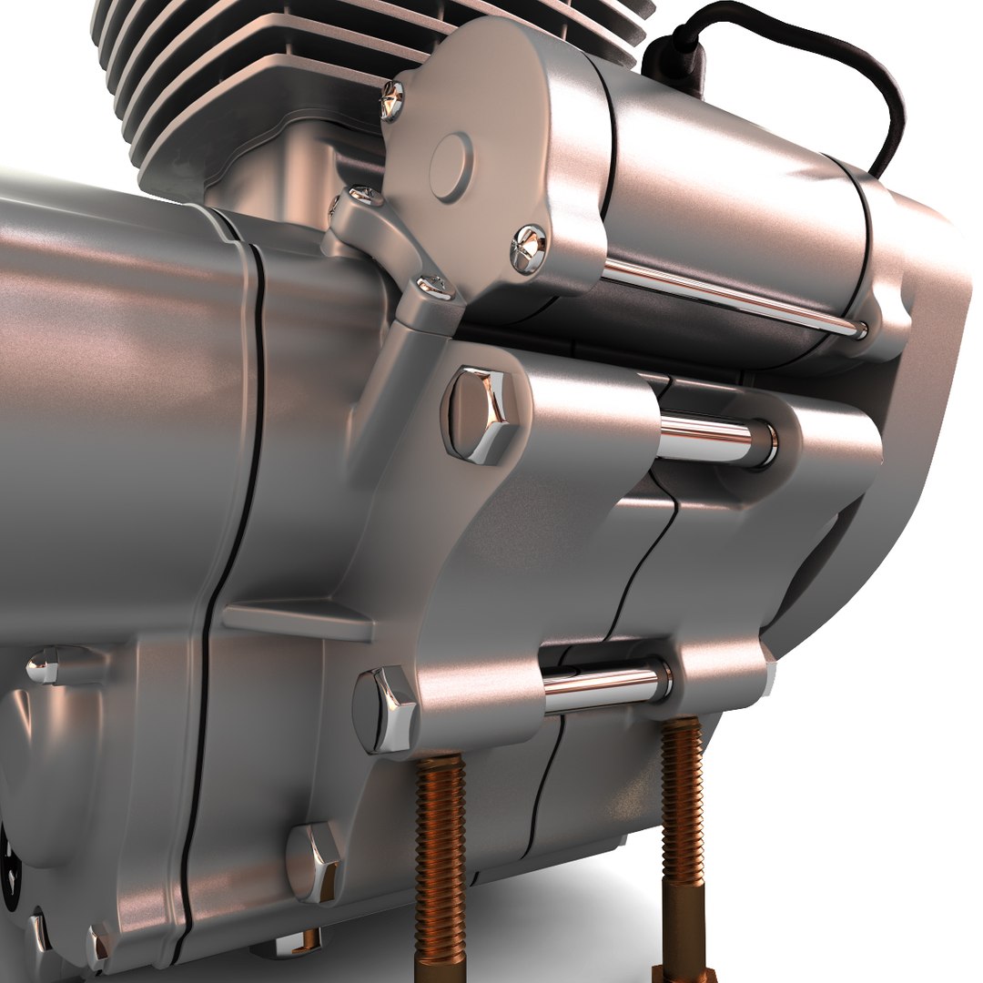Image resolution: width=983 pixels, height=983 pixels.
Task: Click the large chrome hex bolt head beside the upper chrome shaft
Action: click(479, 414)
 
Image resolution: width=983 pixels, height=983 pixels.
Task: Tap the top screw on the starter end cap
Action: click(391, 100)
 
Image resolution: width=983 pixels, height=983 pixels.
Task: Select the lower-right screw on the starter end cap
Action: click(528, 248)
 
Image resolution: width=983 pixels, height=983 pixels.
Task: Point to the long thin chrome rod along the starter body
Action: click(728, 296)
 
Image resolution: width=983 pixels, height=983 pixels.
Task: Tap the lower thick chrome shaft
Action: click(605, 684)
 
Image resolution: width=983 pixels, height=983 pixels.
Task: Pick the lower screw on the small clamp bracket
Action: click(435, 288)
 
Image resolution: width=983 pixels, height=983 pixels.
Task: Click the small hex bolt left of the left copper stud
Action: click(314, 860)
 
